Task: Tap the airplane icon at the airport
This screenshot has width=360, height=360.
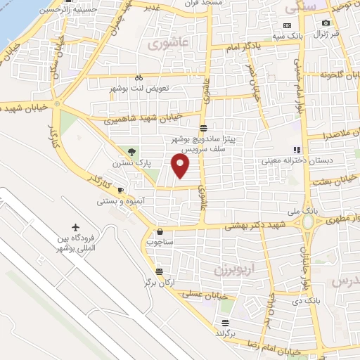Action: (x=76, y=228)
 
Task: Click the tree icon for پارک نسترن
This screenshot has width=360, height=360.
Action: (x=132, y=152)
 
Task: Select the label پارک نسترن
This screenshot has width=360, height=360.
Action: (x=131, y=163)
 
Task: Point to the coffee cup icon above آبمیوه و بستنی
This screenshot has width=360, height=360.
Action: (x=120, y=191)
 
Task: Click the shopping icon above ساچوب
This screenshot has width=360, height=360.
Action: (x=160, y=231)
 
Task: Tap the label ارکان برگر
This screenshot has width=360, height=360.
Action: (x=159, y=283)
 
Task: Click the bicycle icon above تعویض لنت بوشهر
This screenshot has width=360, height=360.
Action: (x=139, y=78)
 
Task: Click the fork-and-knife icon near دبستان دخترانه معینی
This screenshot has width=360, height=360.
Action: (x=297, y=150)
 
